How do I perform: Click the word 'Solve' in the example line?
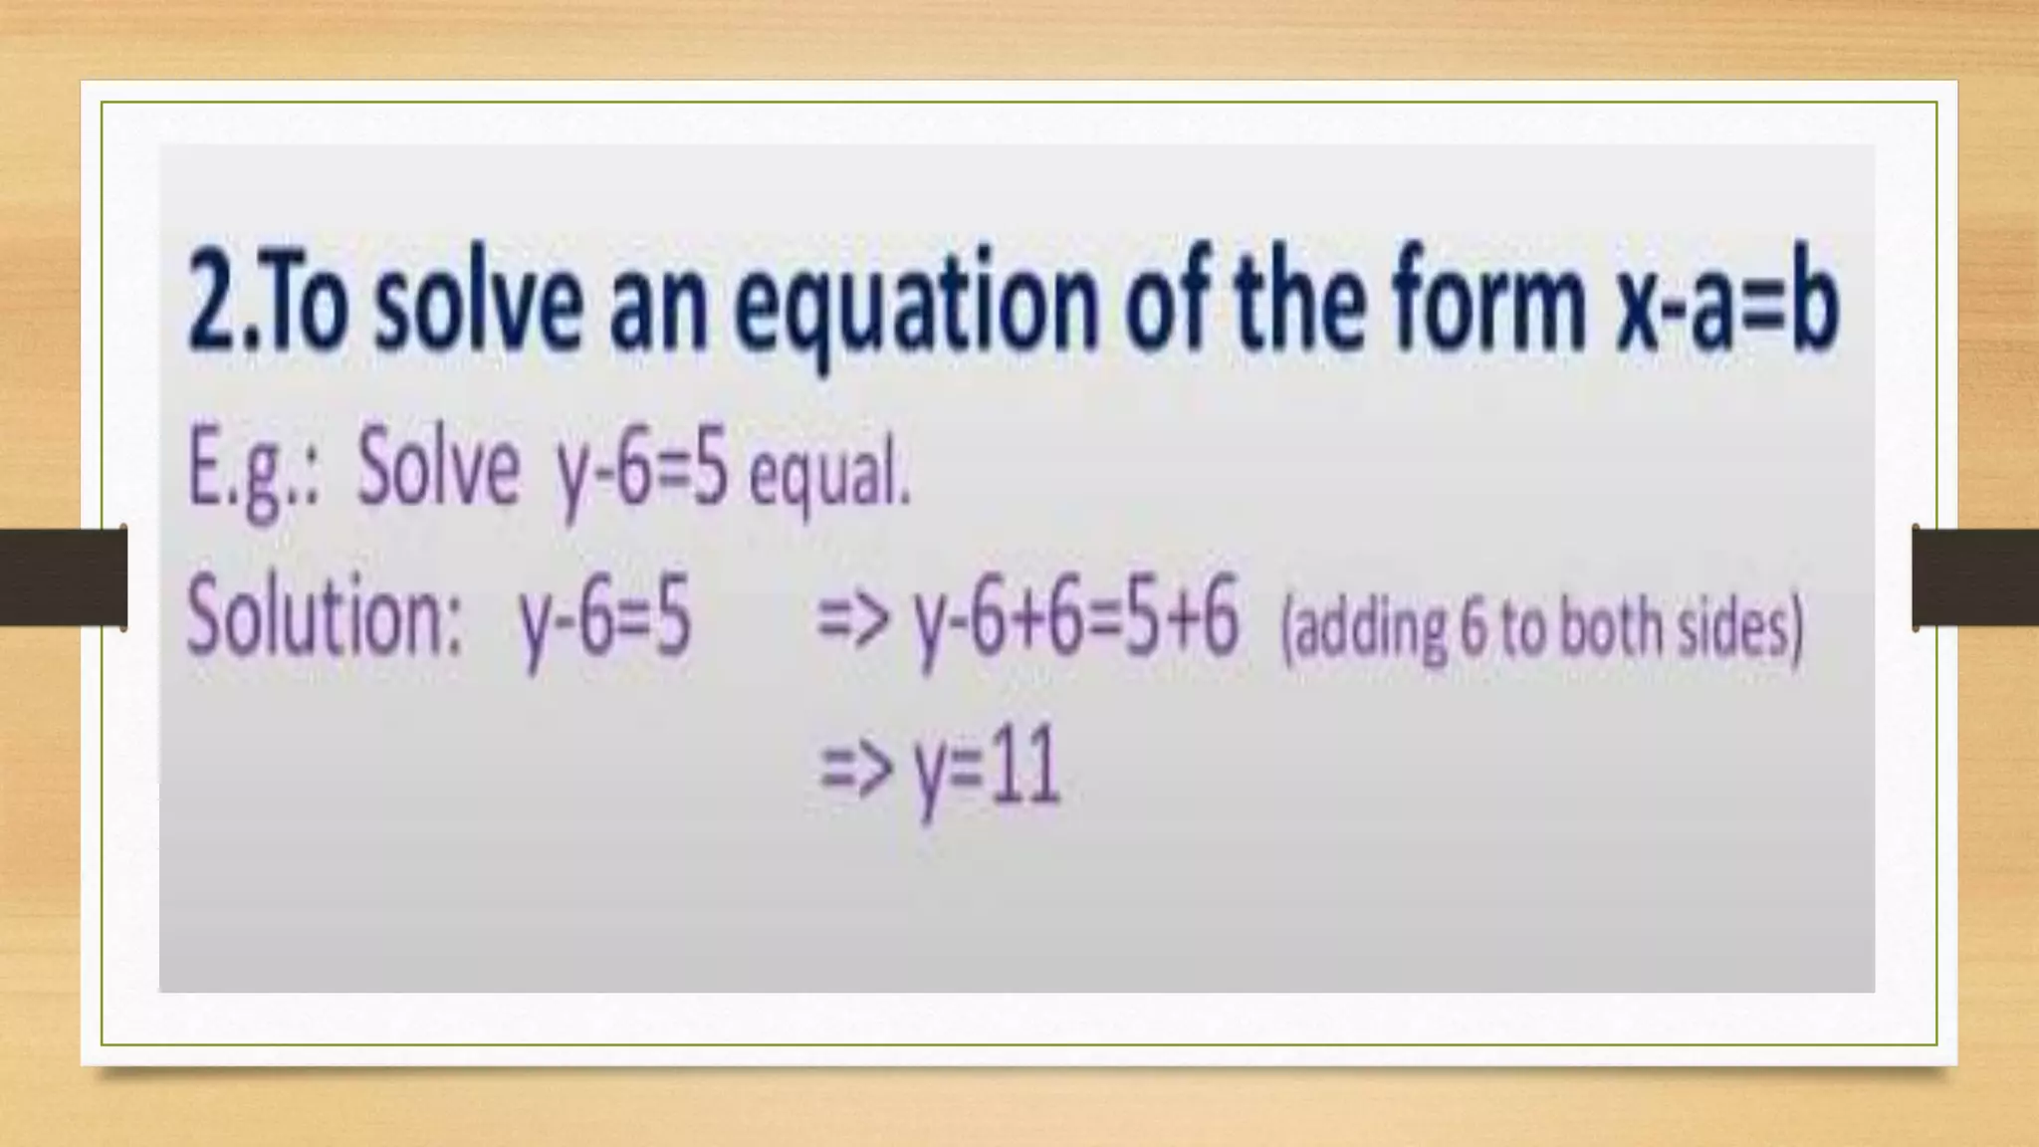[x=438, y=468]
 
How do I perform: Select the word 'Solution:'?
[x=325, y=617]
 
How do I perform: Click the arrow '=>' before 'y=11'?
[x=852, y=773]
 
